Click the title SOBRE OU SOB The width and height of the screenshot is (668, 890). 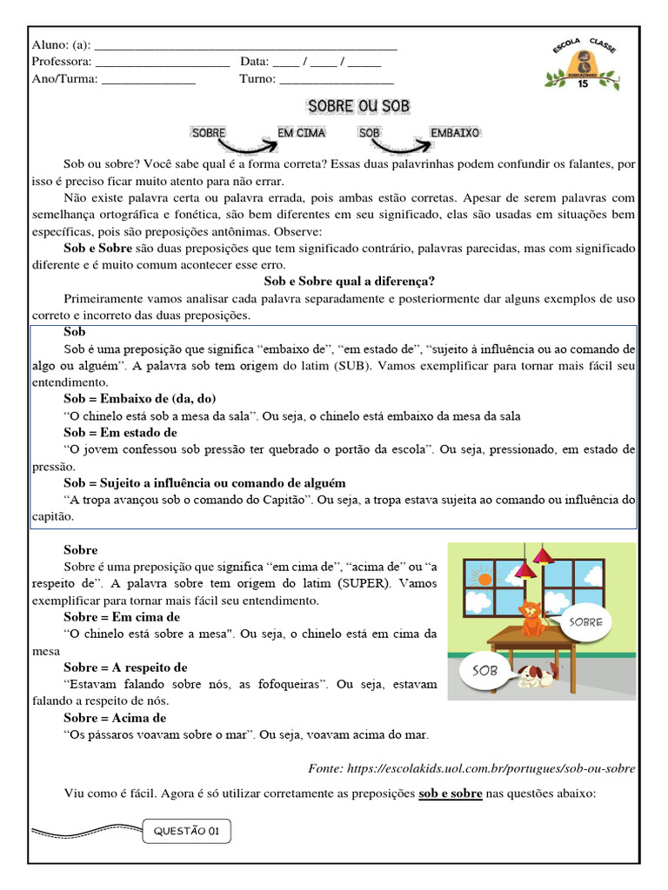pos(357,106)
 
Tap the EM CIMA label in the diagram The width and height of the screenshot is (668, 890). pos(301,133)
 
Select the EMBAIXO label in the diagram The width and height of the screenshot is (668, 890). pos(454,133)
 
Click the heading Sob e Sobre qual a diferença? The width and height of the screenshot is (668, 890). pos(349,281)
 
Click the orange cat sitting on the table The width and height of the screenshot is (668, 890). pos(530,618)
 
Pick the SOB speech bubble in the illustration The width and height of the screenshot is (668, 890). pos(484,671)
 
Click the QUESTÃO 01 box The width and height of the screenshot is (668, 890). pos(185,831)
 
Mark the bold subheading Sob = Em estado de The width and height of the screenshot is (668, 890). pos(120,432)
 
